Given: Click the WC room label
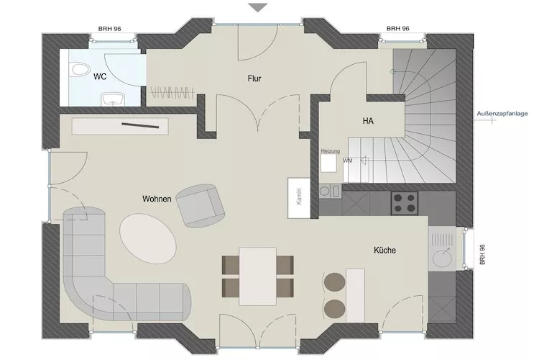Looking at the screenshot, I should pyautogui.click(x=100, y=75).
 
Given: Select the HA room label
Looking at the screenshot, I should pyautogui.click(x=368, y=122).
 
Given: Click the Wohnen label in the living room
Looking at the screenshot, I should pyautogui.click(x=157, y=199).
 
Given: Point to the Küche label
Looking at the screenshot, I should pyautogui.click(x=384, y=250).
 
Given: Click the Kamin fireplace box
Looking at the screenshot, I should pyautogui.click(x=298, y=197).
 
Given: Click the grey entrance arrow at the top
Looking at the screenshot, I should pyautogui.click(x=257, y=7).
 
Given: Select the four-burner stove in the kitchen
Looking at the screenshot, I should pyautogui.click(x=405, y=202).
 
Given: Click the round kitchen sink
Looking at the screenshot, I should pyautogui.click(x=443, y=254).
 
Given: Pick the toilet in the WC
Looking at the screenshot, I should pyautogui.click(x=79, y=70).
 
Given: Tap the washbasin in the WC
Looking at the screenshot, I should pyautogui.click(x=111, y=99).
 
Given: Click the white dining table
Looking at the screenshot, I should pyautogui.click(x=257, y=276).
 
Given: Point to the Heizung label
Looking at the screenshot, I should pyautogui.click(x=330, y=151).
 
